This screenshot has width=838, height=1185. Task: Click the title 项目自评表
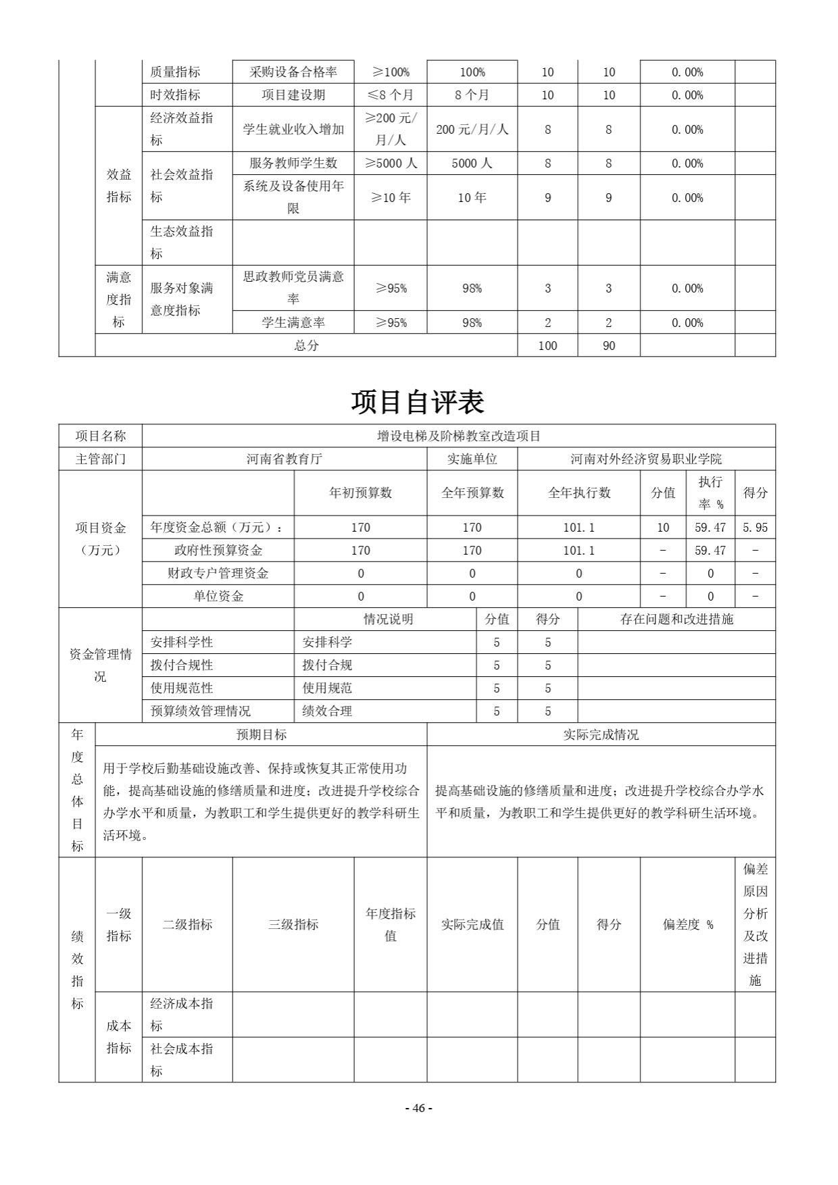[x=418, y=403]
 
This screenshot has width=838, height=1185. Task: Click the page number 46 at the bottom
[x=418, y=1108]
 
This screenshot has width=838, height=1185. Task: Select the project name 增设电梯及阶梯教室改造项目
[x=459, y=436]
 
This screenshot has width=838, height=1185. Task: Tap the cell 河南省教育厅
[x=285, y=459]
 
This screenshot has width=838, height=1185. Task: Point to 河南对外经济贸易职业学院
[x=646, y=459]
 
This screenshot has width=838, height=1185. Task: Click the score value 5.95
[x=755, y=528]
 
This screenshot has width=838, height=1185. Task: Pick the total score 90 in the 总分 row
[x=609, y=346]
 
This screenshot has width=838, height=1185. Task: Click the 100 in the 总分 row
[x=547, y=346]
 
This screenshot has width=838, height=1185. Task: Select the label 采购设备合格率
[x=293, y=72]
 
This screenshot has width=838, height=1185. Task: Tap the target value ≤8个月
[x=391, y=95]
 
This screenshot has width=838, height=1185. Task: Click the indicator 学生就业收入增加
[x=293, y=129]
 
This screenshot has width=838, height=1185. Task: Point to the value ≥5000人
[x=391, y=163]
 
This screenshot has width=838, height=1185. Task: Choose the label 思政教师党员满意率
[x=293, y=288]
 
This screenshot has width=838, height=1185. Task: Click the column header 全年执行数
[x=579, y=493]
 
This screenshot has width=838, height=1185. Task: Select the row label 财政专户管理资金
[x=218, y=574]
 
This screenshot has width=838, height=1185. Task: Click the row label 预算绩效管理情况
[x=201, y=711]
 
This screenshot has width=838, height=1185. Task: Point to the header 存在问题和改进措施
[x=676, y=620]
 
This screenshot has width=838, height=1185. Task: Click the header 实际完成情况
[x=601, y=735]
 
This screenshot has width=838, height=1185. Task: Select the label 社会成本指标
[x=182, y=1059]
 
